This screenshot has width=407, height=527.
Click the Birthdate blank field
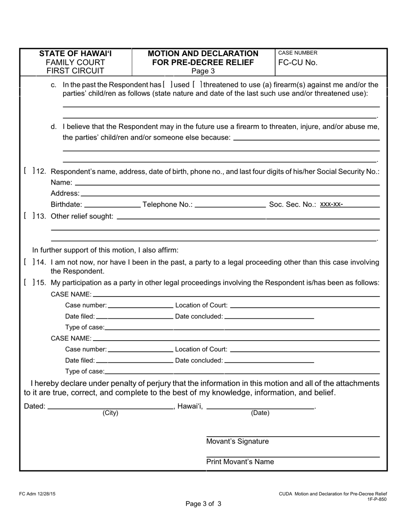[113, 204]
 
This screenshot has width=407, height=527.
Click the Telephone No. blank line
[230, 204]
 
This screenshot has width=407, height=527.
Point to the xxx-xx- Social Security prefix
[331, 204]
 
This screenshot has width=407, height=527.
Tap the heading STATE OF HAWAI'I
[75, 54]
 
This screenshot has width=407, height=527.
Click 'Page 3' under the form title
[203, 71]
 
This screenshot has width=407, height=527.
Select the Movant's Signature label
[237, 441]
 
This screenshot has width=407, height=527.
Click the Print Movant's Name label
[240, 462]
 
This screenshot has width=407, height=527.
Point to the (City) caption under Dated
[110, 413]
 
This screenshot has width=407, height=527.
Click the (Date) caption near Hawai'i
[260, 413]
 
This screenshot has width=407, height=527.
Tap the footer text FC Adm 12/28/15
[37, 494]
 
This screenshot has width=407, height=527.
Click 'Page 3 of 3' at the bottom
[203, 504]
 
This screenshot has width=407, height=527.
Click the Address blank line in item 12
[230, 193]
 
